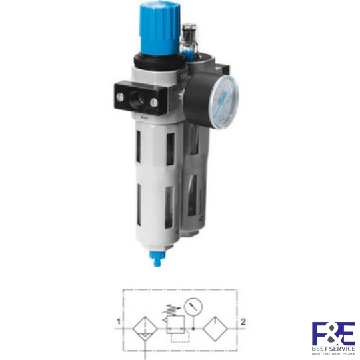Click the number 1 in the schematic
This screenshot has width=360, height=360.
tap(118, 322)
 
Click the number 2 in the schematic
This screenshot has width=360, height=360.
tap(243, 322)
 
